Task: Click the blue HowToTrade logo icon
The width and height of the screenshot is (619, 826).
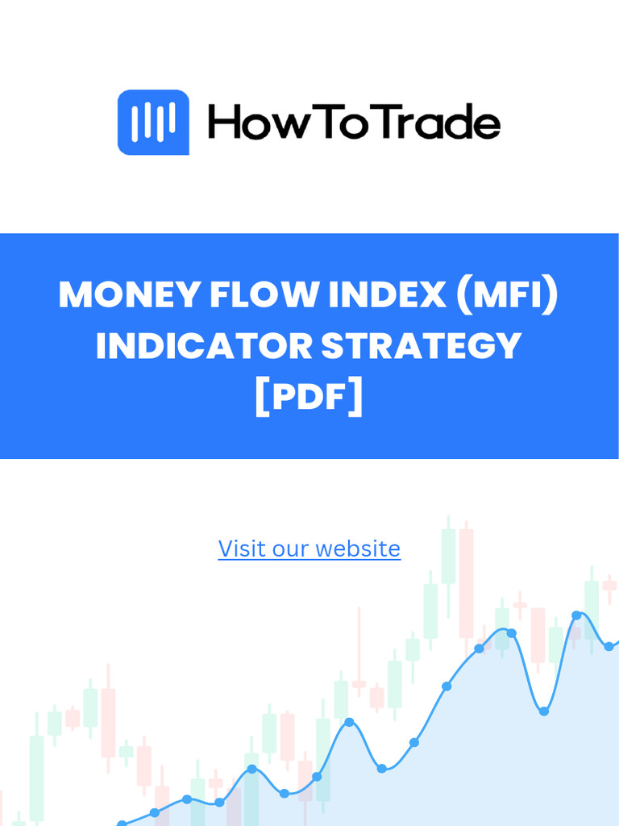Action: [x=153, y=123]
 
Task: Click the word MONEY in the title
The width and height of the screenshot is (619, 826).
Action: [x=129, y=295]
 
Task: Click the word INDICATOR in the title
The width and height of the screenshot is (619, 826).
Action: [x=204, y=346]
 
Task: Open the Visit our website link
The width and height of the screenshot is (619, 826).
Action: [x=309, y=549]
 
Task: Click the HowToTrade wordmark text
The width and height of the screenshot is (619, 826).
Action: [x=354, y=123]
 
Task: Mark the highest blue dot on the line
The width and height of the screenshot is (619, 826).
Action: [x=576, y=615]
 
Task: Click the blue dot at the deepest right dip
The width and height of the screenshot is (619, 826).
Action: [x=544, y=711]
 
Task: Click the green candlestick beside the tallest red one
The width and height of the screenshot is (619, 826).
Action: [x=448, y=556]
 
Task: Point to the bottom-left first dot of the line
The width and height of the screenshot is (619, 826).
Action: [x=122, y=824]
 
